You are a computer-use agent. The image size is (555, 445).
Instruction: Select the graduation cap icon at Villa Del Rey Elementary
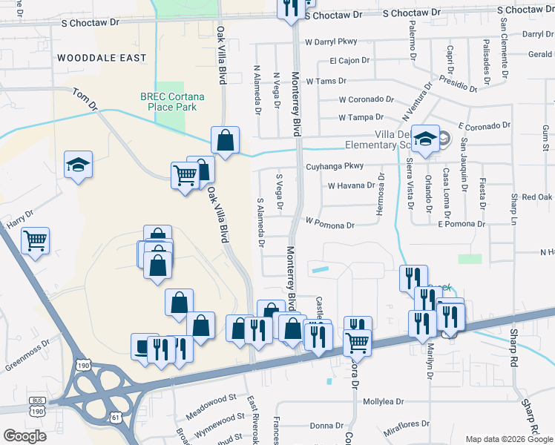426,139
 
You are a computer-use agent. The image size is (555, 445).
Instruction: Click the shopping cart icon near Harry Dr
35,240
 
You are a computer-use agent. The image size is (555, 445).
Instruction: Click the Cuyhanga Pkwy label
335,167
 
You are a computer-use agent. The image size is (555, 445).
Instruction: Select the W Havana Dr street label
351,185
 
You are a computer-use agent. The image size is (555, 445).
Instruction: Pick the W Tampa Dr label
361,117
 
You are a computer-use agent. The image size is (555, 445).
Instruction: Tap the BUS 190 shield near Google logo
38,406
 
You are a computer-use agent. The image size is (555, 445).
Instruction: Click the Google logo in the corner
25,436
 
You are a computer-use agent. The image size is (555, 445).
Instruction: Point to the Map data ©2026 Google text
509,439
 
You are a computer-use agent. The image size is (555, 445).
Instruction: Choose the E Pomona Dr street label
461,223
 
